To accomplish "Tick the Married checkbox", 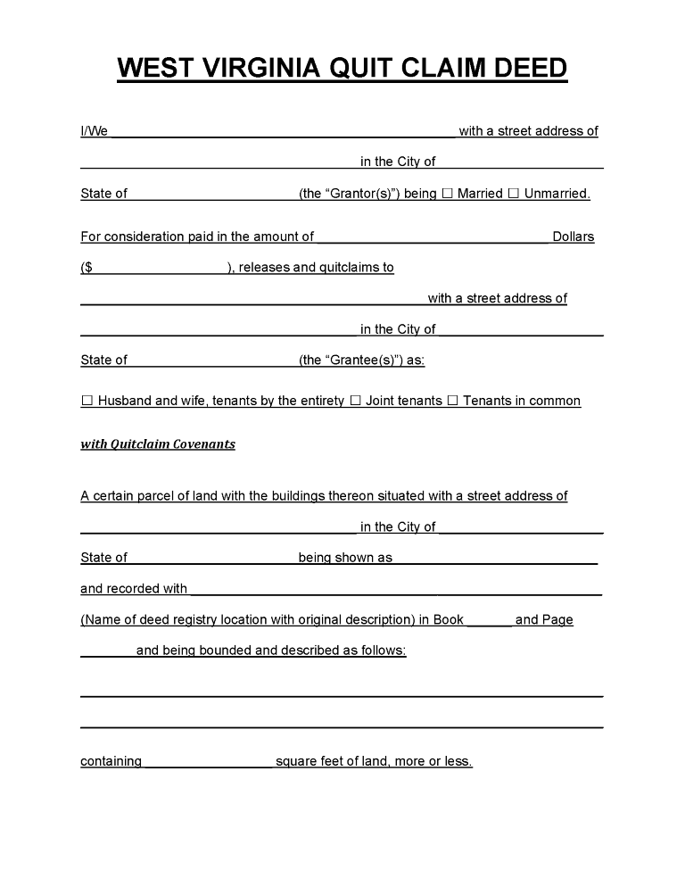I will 448,193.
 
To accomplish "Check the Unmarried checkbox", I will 514,193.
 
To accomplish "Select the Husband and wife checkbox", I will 87,401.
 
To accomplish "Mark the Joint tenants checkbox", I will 355,401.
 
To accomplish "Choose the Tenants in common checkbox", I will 452,401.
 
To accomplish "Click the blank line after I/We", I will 283,133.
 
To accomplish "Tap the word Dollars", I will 573,236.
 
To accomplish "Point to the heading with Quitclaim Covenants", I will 158,443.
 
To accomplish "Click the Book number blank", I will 489,621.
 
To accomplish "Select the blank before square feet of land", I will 208,763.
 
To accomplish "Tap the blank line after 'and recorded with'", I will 396,590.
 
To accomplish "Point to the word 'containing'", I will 111,761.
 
